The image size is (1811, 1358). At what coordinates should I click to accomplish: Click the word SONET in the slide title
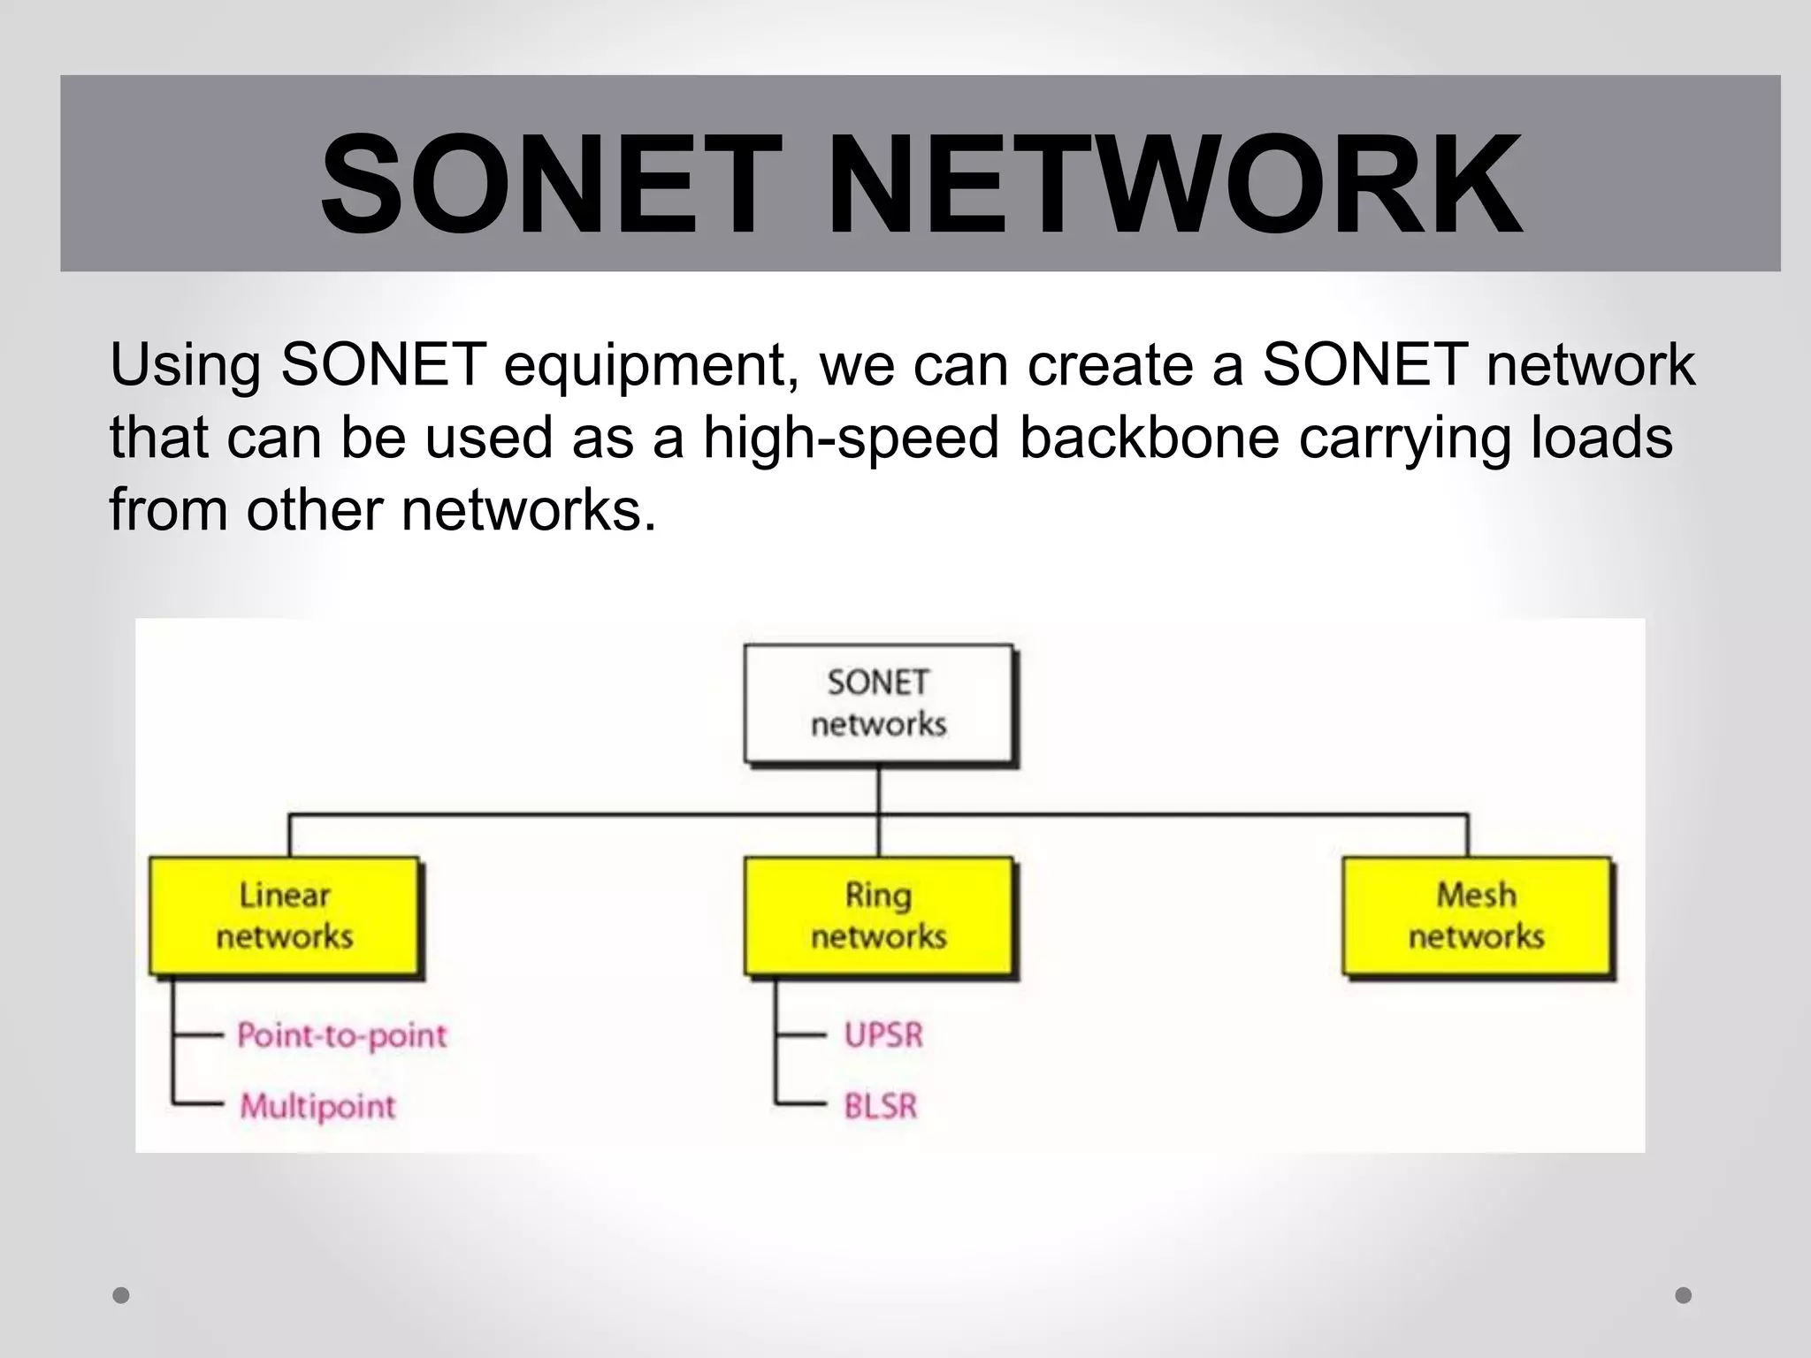[551, 185]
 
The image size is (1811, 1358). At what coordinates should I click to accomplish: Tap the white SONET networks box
[878, 704]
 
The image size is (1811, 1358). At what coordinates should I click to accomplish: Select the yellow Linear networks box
[284, 916]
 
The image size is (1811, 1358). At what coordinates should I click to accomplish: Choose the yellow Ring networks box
[878, 916]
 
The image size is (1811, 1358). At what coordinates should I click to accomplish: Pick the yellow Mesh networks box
[1476, 916]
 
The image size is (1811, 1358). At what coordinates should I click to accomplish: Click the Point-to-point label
[342, 1035]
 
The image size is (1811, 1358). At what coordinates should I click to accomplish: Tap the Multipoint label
[318, 1106]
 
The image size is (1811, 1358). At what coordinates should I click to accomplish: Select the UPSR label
[883, 1035]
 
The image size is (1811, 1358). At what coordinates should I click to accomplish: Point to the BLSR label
[881, 1106]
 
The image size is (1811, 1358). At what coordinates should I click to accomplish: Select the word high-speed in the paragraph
[852, 439]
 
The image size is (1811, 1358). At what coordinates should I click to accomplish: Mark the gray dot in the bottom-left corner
[121, 1295]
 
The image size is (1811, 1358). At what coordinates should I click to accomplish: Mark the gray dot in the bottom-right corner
[1684, 1295]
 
